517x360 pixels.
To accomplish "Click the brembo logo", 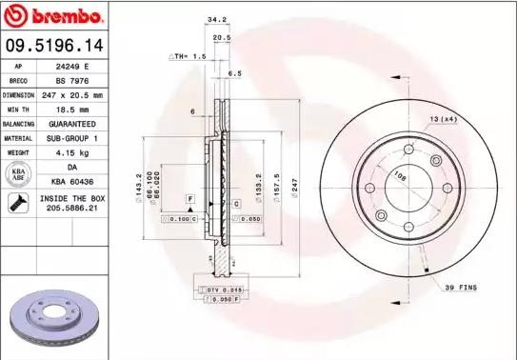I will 54,17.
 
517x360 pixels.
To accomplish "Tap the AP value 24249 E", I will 72,67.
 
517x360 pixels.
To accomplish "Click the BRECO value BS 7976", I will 72,81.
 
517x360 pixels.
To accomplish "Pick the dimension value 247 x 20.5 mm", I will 72,95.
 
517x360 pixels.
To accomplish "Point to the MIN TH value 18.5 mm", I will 72,110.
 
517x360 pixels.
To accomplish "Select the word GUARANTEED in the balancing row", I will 72,124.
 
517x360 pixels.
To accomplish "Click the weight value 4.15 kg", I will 72,152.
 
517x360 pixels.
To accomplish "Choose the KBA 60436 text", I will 72,180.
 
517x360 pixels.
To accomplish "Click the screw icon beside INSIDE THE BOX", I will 17,201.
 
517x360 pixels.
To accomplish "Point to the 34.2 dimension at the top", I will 217,18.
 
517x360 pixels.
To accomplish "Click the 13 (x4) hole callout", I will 441,118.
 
